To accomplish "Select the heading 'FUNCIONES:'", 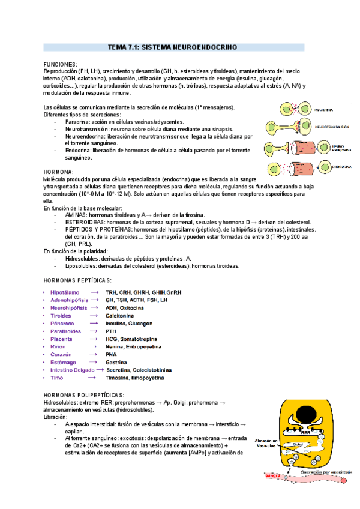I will click(x=61, y=64).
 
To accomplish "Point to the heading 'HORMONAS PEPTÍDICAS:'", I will click(x=78, y=281).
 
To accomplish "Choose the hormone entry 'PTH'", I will click(x=111, y=331).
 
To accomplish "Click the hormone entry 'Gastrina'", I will click(x=116, y=363).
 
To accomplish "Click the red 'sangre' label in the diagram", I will click(x=273, y=475).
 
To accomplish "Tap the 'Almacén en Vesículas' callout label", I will click(x=265, y=443).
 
